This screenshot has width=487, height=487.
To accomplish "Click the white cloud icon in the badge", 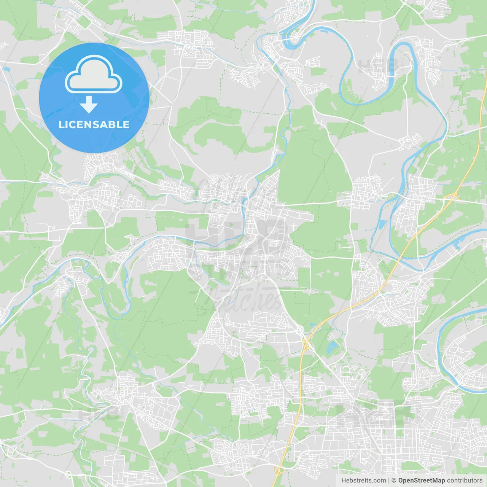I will click(x=94, y=74).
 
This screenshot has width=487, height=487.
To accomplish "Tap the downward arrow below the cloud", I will click(x=89, y=105).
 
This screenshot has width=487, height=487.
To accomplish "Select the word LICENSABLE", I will click(x=94, y=124).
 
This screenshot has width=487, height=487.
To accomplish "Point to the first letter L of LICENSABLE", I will click(x=61, y=124).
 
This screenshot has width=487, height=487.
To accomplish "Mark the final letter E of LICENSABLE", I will click(x=126, y=124).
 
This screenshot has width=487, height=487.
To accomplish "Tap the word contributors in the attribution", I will click(x=465, y=481).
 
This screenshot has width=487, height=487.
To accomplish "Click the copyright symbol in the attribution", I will click(x=394, y=481).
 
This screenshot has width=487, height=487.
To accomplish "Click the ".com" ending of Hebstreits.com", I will click(x=379, y=481).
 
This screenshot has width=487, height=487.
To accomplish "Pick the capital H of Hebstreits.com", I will click(x=344, y=481).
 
